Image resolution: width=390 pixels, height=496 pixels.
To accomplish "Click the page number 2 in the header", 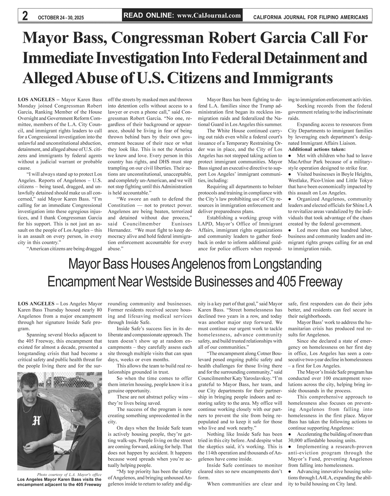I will click(25, 16).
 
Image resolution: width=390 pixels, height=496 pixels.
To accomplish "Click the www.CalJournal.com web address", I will click(209, 15).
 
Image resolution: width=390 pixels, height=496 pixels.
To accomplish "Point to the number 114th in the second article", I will click(212, 453).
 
